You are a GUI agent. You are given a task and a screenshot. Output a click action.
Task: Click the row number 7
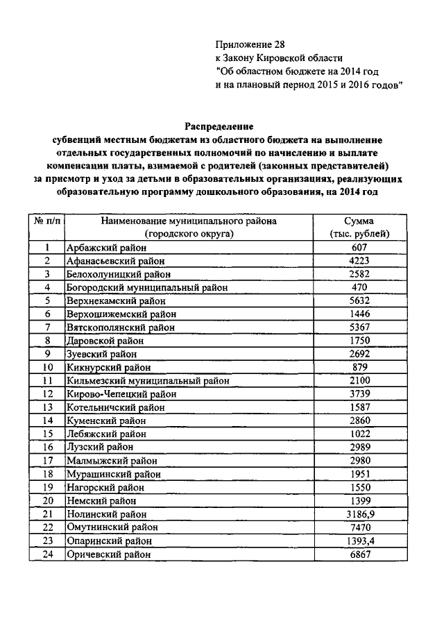tap(48, 327)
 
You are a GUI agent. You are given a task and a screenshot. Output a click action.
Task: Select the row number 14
tap(48, 420)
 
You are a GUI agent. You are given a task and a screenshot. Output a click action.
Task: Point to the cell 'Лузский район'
tap(94, 446)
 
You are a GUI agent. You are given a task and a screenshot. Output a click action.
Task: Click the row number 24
tap(48, 554)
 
